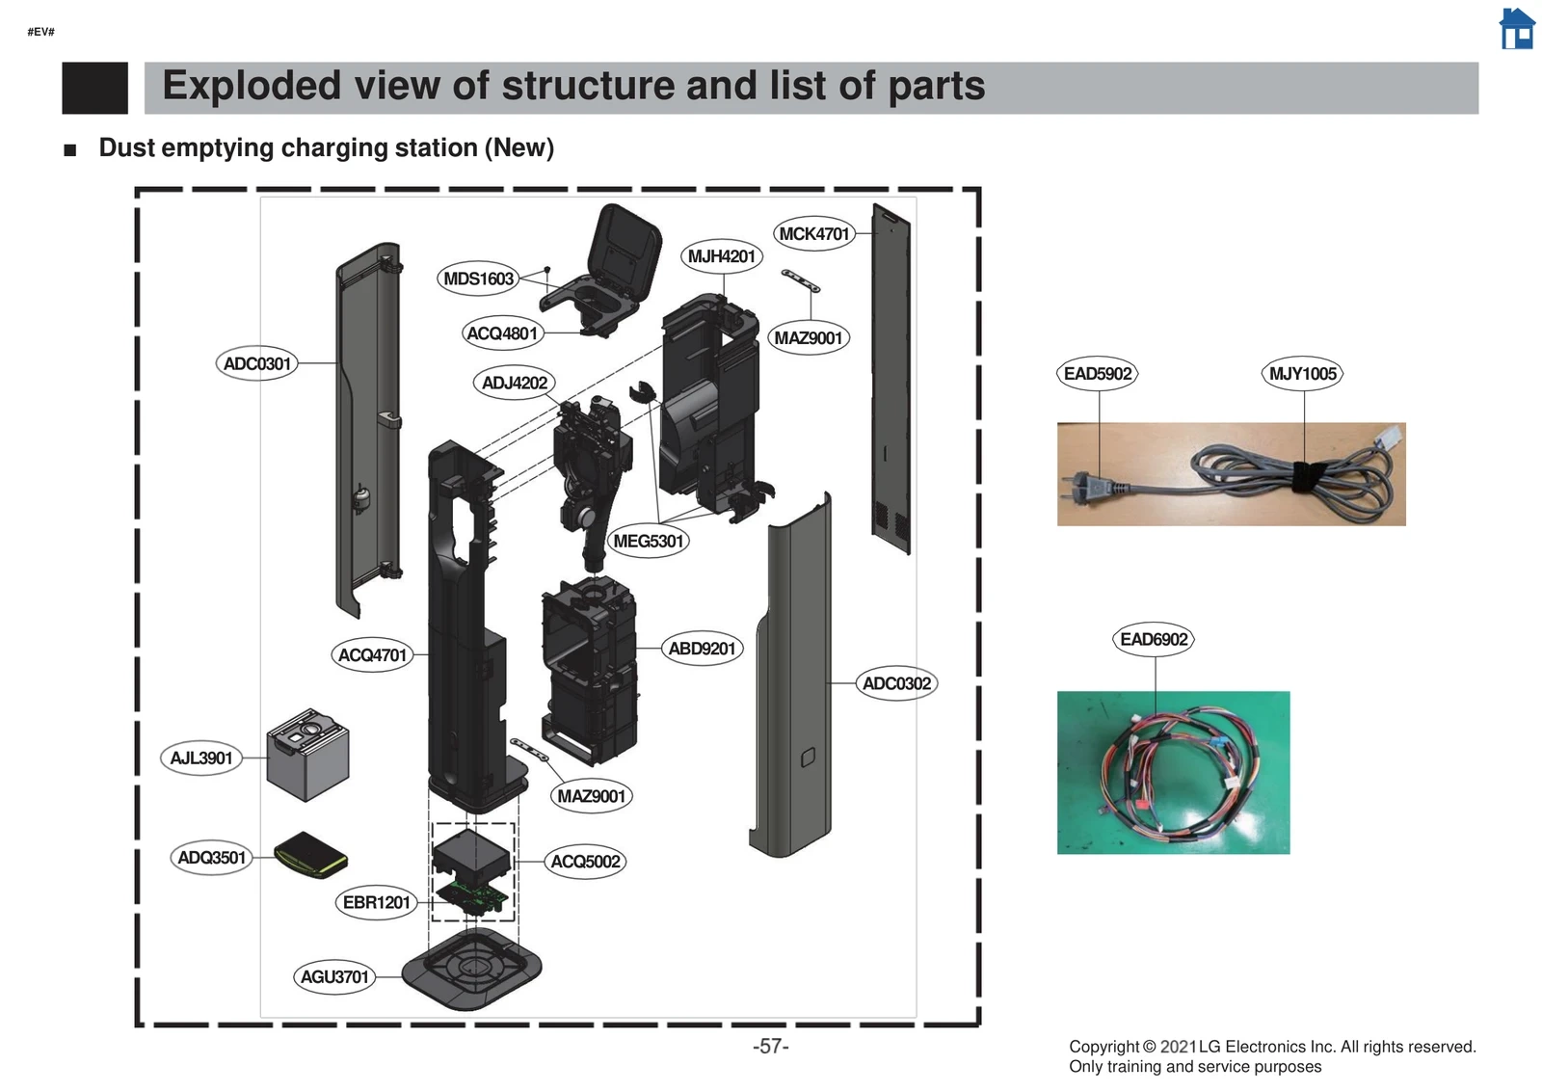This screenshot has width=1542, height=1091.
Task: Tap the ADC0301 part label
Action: [256, 363]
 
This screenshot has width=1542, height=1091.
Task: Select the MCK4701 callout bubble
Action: [814, 233]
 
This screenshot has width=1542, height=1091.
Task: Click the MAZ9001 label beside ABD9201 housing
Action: [591, 796]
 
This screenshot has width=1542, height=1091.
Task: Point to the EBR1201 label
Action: [377, 902]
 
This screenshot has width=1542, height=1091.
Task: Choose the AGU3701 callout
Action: [334, 976]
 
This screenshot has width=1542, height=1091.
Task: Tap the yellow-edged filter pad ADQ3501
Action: [310, 855]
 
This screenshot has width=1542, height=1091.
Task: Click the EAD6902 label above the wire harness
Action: [1154, 639]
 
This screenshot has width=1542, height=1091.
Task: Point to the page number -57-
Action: [770, 1046]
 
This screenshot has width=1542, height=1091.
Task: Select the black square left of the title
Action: [94, 88]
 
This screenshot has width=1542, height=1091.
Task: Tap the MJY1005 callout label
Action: [1302, 374]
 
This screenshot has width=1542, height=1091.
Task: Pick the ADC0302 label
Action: [896, 683]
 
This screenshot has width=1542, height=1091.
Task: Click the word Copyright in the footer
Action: [1103, 1047]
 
